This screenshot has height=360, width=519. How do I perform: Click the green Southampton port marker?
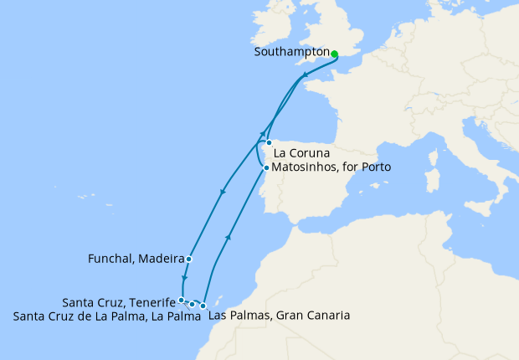[x=334, y=54]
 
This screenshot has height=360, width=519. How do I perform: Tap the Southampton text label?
[x=290, y=52]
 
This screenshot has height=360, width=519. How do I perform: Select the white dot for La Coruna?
[x=269, y=143]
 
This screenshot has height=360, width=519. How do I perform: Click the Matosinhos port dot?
[x=266, y=167]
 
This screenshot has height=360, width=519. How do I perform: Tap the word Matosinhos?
[x=306, y=167]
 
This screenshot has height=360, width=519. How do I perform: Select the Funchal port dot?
[x=189, y=259]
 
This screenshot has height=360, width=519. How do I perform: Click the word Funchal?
[x=110, y=259]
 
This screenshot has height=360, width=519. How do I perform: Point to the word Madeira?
[x=162, y=259]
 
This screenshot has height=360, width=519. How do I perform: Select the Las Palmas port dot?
[x=203, y=306]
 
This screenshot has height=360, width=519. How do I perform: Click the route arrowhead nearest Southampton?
[x=305, y=76]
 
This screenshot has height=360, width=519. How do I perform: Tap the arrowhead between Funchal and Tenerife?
[x=184, y=280]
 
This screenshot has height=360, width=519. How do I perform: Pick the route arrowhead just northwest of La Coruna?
[x=261, y=134]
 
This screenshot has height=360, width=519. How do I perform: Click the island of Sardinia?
[x=433, y=180]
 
